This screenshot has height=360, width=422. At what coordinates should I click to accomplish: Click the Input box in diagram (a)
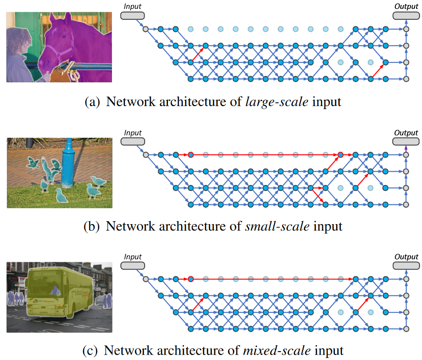[132, 16]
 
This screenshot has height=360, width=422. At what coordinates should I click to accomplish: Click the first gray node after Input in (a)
[145, 30]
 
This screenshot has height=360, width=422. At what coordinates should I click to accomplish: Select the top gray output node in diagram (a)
[406, 30]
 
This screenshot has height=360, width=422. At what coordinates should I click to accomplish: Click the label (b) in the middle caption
[92, 227]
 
